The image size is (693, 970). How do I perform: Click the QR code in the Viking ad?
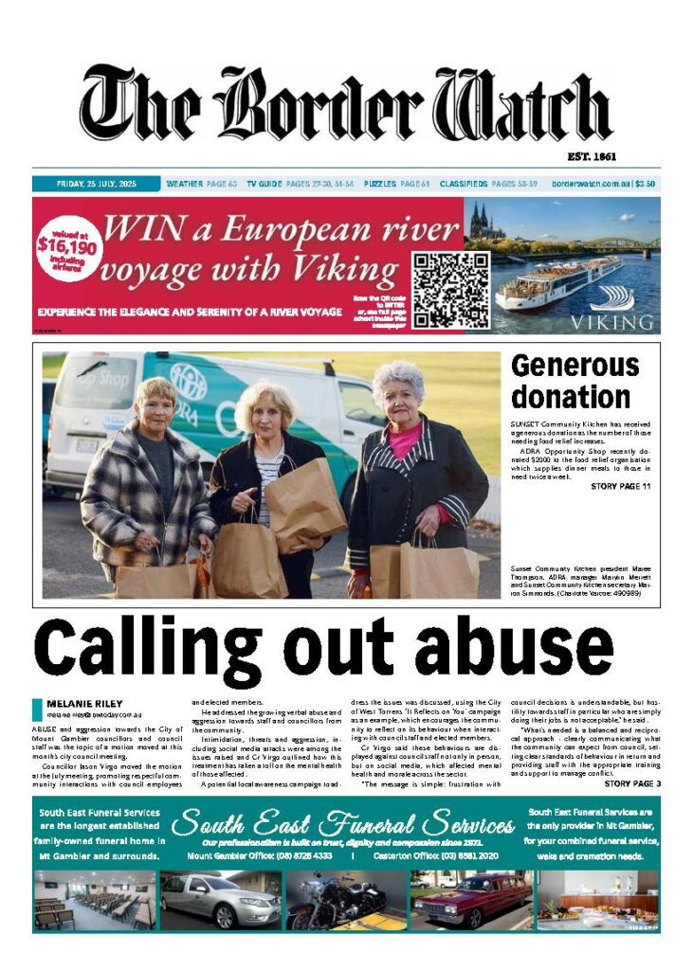[450, 290]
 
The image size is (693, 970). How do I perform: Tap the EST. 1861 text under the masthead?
[631, 156]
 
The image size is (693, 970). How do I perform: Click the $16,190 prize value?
[64, 245]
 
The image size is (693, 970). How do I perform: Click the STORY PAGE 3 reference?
[631, 784]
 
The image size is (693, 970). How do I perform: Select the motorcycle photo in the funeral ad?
[347, 902]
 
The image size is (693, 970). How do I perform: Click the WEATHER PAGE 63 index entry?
[200, 184]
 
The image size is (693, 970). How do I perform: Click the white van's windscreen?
[97, 383]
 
